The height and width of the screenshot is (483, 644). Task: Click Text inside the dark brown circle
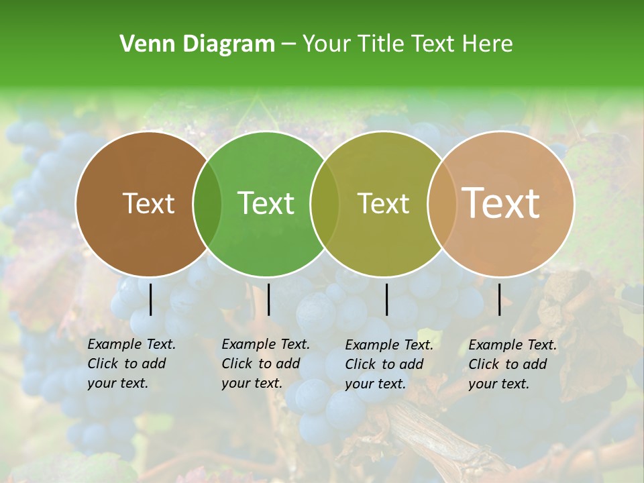click(148, 203)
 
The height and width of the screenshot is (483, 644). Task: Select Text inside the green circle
click(266, 203)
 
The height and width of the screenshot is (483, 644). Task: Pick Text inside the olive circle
click(383, 203)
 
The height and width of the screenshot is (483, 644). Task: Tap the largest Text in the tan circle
click(500, 203)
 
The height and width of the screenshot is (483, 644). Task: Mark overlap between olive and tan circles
click(440, 204)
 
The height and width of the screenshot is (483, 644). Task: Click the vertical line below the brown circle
click(150, 299)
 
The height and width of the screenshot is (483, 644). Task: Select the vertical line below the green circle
click(268, 299)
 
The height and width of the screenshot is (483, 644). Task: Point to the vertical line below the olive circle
click(386, 299)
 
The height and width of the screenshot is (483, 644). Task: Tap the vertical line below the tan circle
click(499, 299)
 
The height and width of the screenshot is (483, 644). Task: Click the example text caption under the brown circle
click(131, 364)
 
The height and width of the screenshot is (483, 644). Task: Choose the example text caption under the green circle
click(266, 364)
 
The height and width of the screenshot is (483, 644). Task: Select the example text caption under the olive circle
click(389, 364)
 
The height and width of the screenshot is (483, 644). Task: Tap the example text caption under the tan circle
click(513, 364)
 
